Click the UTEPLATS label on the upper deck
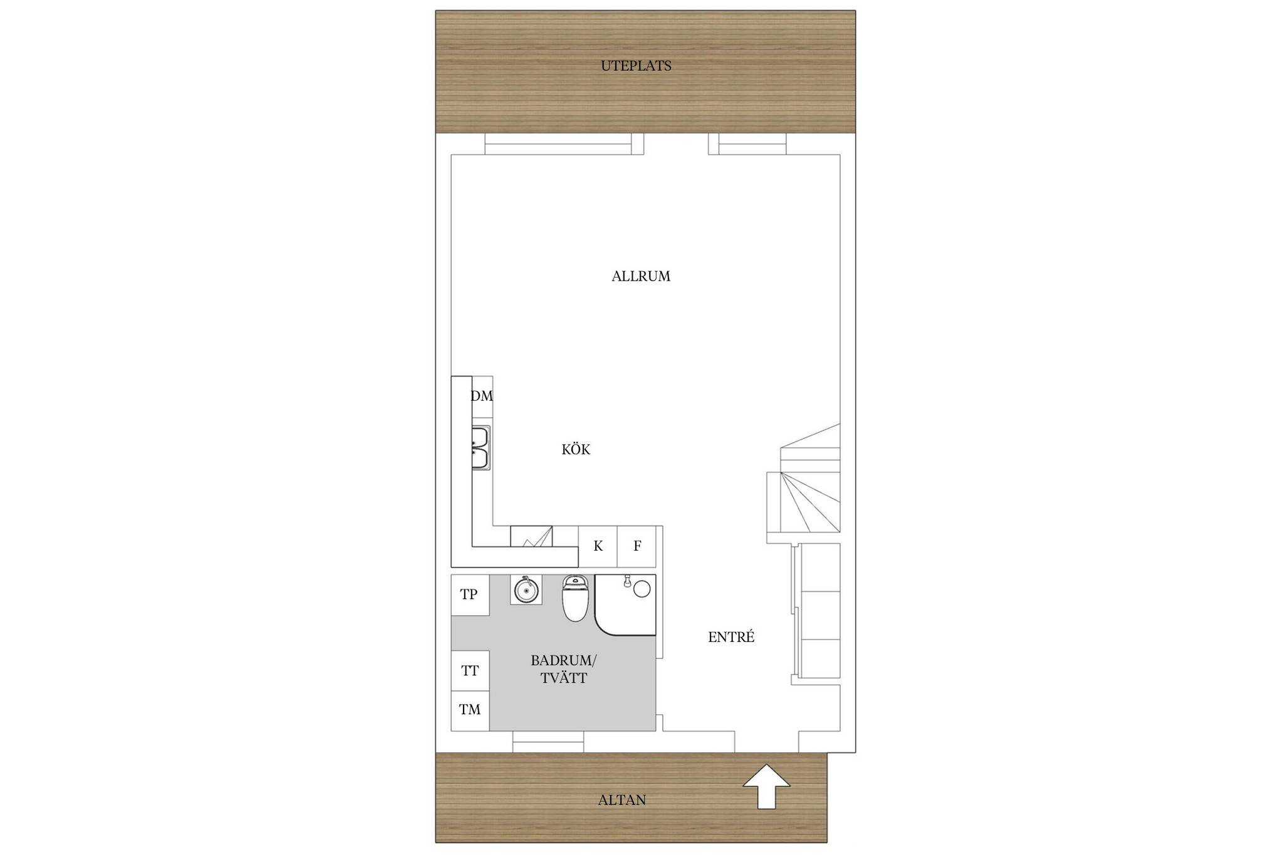pyautogui.click(x=636, y=66)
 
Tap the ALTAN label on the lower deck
pyautogui.click(x=621, y=800)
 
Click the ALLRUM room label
pyautogui.click(x=641, y=276)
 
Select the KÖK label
pyautogui.click(x=576, y=449)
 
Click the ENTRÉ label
pyautogui.click(x=731, y=637)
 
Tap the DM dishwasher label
pyautogui.click(x=482, y=396)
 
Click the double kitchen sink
pyautogui.click(x=480, y=448)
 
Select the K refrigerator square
pyautogui.click(x=598, y=546)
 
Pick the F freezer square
pyautogui.click(x=636, y=546)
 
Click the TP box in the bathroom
pyautogui.click(x=470, y=594)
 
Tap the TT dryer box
pyautogui.click(x=470, y=671)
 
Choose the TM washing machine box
pyautogui.click(x=470, y=710)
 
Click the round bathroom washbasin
pyautogui.click(x=526, y=589)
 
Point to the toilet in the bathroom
pyautogui.click(x=576, y=598)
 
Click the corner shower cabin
pyautogui.click(x=625, y=604)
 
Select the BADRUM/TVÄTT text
pyautogui.click(x=564, y=669)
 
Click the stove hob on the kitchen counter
pyautogui.click(x=531, y=536)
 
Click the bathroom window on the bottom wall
pyautogui.click(x=548, y=742)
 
